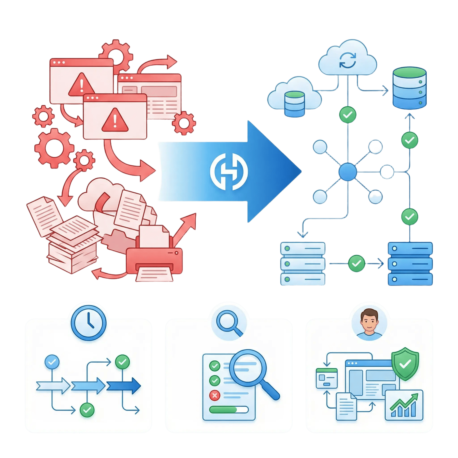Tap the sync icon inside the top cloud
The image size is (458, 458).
pyautogui.click(x=348, y=61)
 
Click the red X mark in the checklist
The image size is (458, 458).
pyautogui.click(x=214, y=395)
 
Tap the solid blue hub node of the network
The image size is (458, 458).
pyautogui.click(x=347, y=172)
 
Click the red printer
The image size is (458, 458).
pyautogui.click(x=154, y=260)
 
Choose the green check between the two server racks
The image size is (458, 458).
pyautogui.click(x=356, y=264)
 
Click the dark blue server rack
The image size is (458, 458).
pyautogui.click(x=410, y=264)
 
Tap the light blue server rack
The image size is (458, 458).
pyautogui.click(x=303, y=264)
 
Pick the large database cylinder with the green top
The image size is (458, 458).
pyautogui.click(x=409, y=88)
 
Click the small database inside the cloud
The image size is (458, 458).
pyautogui.click(x=294, y=104)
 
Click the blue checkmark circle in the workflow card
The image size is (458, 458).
pyautogui.click(x=52, y=362)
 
